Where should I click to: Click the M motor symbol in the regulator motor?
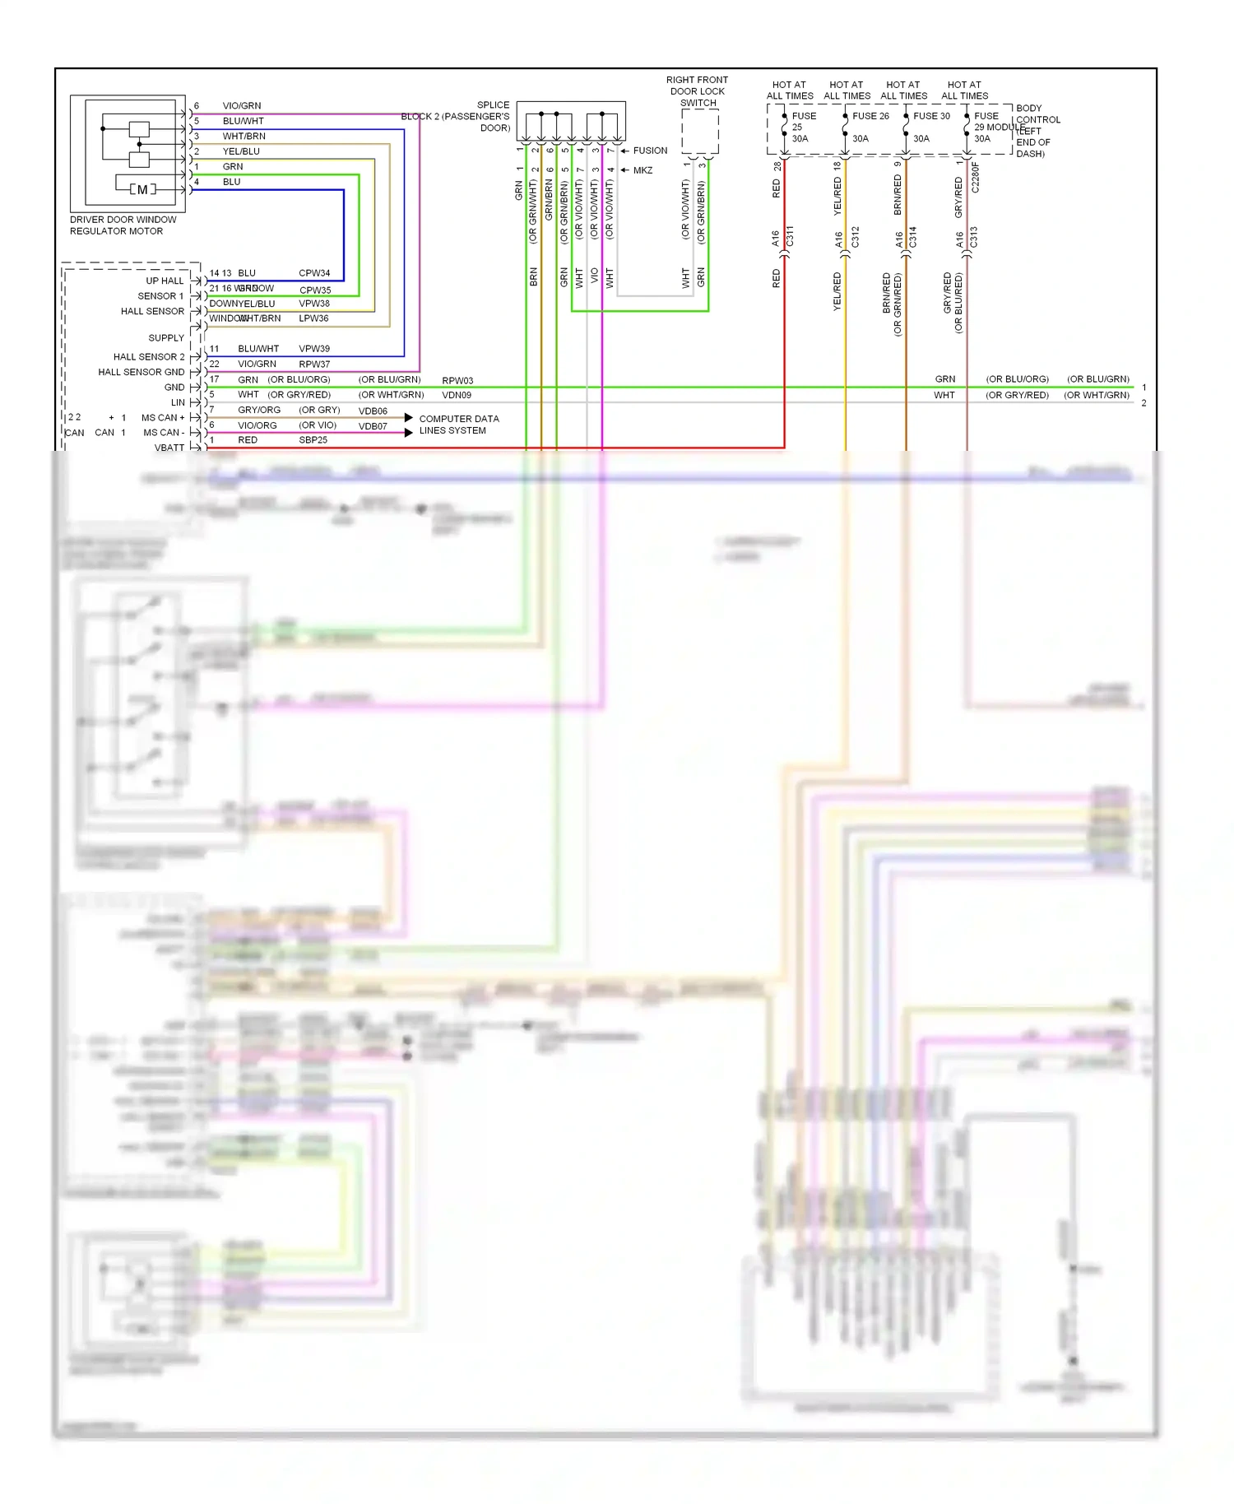click(142, 189)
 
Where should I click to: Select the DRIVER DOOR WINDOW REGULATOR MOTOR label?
click(123, 225)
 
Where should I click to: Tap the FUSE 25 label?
click(802, 122)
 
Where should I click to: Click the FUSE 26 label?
click(870, 116)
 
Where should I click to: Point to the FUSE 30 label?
click(931, 116)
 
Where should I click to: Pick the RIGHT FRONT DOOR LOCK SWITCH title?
click(697, 91)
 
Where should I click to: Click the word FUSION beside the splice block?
click(650, 151)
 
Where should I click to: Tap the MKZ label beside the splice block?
click(643, 170)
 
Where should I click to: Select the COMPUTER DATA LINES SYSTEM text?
click(458, 425)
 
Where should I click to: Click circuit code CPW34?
click(314, 273)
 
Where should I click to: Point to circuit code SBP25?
click(313, 440)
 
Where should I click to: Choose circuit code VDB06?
click(373, 411)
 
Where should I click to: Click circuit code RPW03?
click(457, 381)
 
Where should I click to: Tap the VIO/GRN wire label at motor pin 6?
click(242, 106)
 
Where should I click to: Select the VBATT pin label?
click(169, 448)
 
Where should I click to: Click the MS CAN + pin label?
click(163, 418)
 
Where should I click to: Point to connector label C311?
click(791, 236)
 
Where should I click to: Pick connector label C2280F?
click(976, 177)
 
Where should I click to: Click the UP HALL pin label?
click(165, 281)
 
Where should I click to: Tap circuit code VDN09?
click(457, 396)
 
